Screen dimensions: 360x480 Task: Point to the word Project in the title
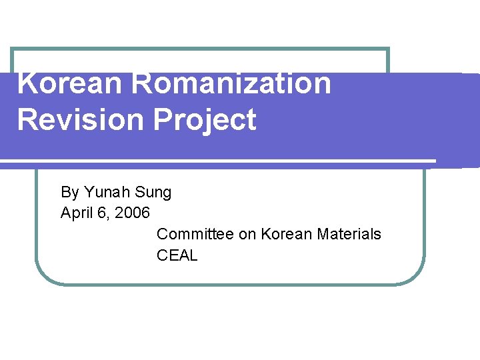click(205, 121)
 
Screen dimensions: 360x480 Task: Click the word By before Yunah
click(69, 193)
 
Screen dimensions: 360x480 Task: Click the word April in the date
click(76, 213)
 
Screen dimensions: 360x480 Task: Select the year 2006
click(133, 213)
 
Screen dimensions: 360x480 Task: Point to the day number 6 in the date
click(103, 213)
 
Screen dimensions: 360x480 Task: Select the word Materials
click(349, 235)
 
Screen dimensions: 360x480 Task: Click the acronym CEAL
click(177, 255)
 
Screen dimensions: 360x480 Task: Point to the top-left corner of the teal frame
click(13, 49)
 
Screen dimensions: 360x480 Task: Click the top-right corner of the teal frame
click(388, 49)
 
